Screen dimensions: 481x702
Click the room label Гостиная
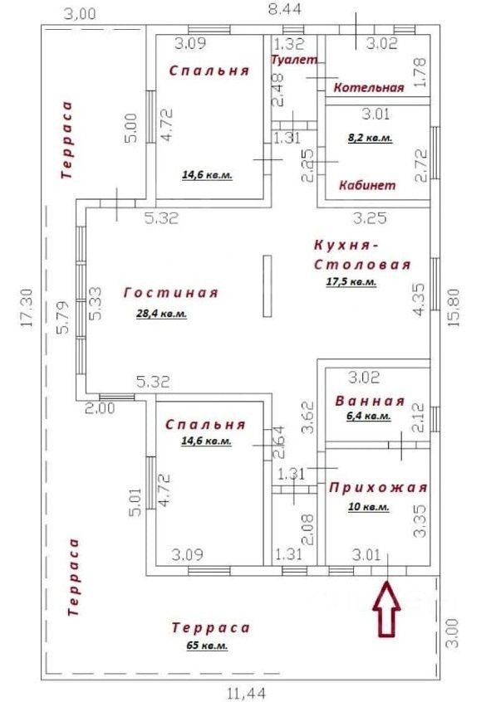[171, 293]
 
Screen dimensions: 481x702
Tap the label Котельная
[369, 87]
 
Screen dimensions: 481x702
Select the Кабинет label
[367, 185]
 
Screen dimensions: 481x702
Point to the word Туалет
[295, 60]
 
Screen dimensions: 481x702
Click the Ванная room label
[370, 401]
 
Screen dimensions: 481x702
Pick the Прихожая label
[378, 488]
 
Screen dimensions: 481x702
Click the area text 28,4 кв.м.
[161, 314]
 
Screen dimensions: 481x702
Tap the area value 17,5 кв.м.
[351, 282]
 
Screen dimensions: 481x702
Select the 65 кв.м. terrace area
[207, 646]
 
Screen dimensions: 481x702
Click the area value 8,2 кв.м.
[371, 138]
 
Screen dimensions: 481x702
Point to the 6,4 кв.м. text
[369, 416]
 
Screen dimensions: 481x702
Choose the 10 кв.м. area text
[369, 507]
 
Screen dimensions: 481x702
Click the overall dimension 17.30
[27, 308]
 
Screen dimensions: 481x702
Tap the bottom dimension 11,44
[247, 694]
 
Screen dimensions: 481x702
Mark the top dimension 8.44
[285, 9]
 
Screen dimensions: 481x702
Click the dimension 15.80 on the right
[454, 307]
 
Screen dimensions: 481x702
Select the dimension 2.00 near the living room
[100, 408]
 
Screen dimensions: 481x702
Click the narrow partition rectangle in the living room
[267, 286]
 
